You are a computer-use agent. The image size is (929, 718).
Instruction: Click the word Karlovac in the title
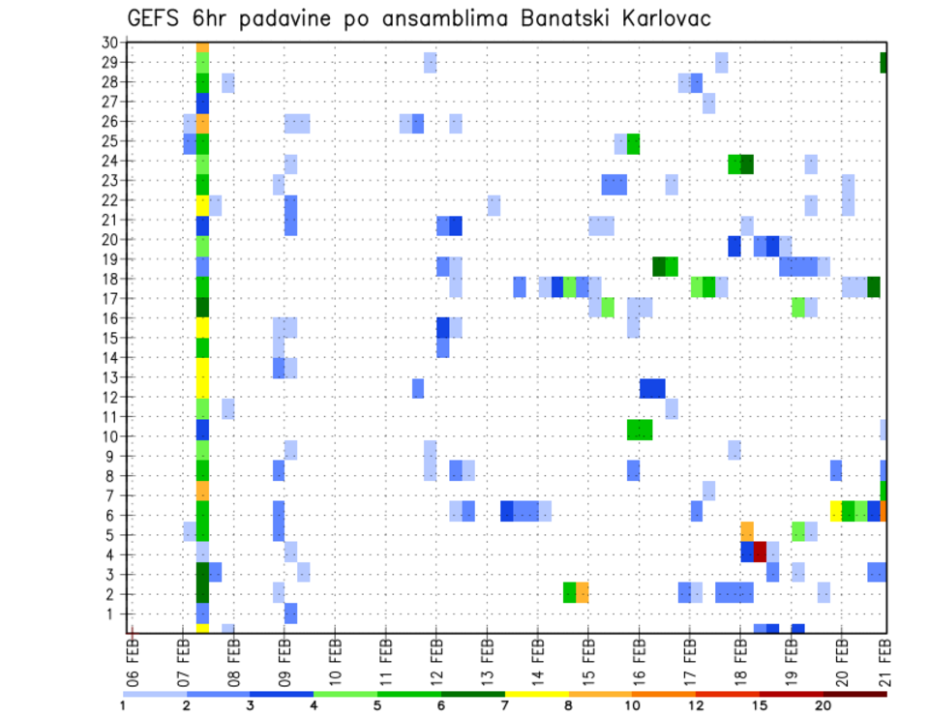point(655,18)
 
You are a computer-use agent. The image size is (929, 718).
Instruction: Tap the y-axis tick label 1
point(113,613)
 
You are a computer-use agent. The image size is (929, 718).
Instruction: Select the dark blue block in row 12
point(652,388)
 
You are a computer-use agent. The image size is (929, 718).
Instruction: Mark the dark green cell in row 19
point(659,266)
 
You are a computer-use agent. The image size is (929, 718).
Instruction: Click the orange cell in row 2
point(583,592)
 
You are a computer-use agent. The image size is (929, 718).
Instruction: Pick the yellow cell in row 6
point(835,510)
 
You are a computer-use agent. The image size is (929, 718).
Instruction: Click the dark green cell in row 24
point(747,164)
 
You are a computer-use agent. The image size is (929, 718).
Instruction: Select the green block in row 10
point(640,429)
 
